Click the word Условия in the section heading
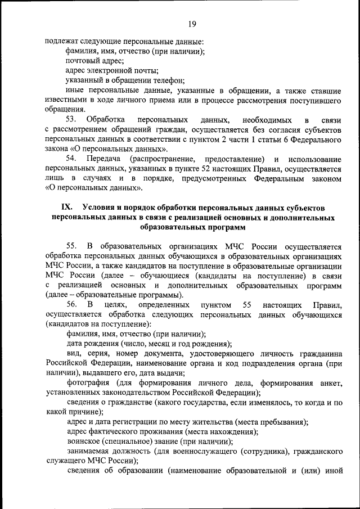coord(98,208)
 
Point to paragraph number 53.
coord(70,120)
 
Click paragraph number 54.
coord(70,159)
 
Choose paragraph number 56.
coord(70,304)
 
